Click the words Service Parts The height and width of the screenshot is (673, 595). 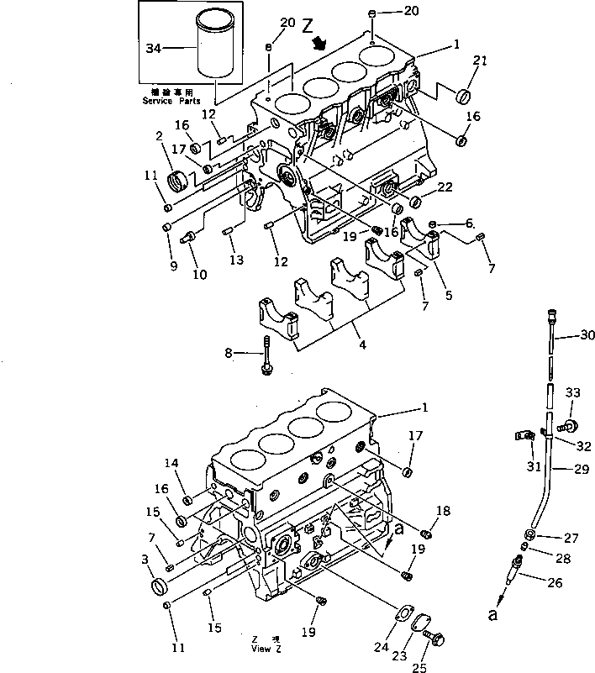(172, 101)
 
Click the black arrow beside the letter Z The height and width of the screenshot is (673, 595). (319, 44)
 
